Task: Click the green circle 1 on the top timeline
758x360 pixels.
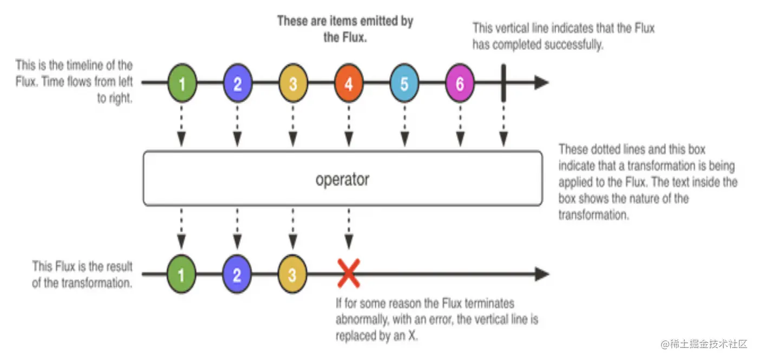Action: (x=181, y=84)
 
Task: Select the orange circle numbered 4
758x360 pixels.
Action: (x=349, y=84)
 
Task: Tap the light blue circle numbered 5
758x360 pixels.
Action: (x=404, y=84)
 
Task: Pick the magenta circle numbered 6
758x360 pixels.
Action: (x=460, y=84)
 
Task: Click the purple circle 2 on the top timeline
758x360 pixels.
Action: (x=237, y=84)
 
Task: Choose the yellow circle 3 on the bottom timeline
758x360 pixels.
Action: (x=292, y=275)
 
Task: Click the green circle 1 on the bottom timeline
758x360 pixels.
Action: (x=181, y=275)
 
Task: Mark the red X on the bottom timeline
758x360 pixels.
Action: (x=349, y=274)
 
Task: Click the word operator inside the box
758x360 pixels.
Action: (x=342, y=179)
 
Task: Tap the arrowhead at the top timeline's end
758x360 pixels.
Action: (x=542, y=83)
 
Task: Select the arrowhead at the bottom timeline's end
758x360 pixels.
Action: (x=542, y=274)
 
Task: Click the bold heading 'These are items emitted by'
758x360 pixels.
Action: (x=345, y=21)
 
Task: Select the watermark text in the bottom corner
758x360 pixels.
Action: (x=703, y=344)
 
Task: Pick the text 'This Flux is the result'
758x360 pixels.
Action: (x=82, y=266)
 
